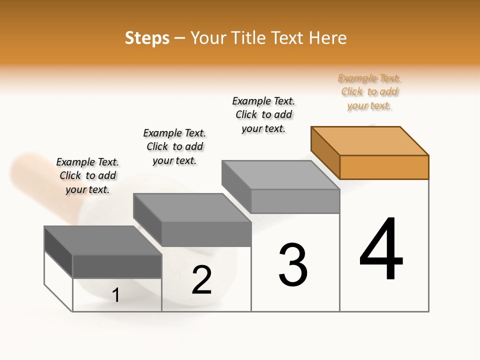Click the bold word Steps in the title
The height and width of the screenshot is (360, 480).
click(x=146, y=38)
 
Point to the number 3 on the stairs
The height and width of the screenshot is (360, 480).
click(x=292, y=265)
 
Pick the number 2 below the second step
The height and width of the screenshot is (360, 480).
click(x=201, y=280)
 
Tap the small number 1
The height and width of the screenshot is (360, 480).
click(x=115, y=295)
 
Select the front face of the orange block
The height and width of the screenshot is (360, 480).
click(x=384, y=167)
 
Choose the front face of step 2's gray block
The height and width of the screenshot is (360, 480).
click(x=206, y=234)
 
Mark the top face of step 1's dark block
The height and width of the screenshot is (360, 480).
click(x=103, y=240)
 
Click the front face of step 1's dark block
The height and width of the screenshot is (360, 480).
click(x=117, y=266)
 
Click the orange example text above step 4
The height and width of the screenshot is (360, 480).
click(x=369, y=92)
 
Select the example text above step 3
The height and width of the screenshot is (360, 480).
click(x=263, y=114)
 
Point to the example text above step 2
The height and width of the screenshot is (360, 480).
click(x=174, y=146)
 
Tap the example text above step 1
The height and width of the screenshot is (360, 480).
click(x=87, y=175)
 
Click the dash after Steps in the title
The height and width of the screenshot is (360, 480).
click(x=179, y=38)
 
